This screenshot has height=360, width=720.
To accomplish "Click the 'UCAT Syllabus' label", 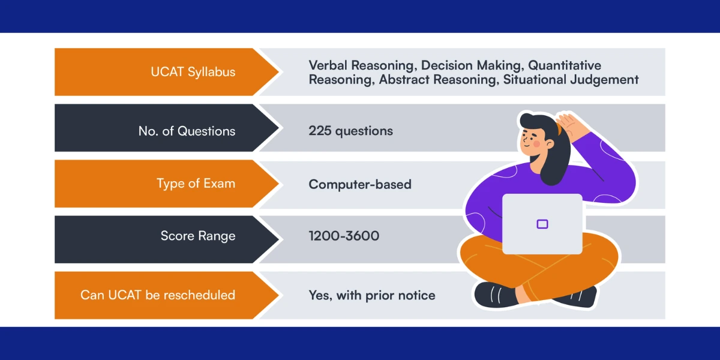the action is [x=193, y=72].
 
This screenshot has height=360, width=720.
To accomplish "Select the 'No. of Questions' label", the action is [x=187, y=131].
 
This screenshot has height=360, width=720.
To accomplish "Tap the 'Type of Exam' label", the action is [x=196, y=184].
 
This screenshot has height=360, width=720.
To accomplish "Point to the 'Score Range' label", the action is [x=198, y=236].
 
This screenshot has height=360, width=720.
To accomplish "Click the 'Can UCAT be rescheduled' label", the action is [x=158, y=295].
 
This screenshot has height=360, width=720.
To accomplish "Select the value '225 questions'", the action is [x=350, y=131].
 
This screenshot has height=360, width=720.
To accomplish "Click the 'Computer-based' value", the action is [x=360, y=185].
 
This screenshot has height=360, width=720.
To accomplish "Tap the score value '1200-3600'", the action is [x=344, y=236].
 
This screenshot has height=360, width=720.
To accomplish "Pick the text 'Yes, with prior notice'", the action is [x=372, y=295].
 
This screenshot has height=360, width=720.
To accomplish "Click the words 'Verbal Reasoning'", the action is [x=361, y=66].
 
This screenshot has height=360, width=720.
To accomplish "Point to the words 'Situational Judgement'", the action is [x=571, y=80].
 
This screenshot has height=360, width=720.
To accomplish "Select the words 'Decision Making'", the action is [x=471, y=66].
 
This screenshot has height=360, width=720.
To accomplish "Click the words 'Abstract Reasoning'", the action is [x=437, y=80].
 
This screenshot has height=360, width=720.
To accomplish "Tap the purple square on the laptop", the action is [x=542, y=224].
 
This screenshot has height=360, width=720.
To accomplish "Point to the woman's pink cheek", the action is [x=536, y=143].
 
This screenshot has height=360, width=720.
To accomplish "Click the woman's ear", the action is [x=550, y=144].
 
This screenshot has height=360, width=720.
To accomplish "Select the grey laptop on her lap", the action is [x=542, y=224].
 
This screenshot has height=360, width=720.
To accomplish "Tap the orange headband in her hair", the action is [x=559, y=129].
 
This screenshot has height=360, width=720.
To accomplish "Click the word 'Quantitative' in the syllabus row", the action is [x=565, y=65].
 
